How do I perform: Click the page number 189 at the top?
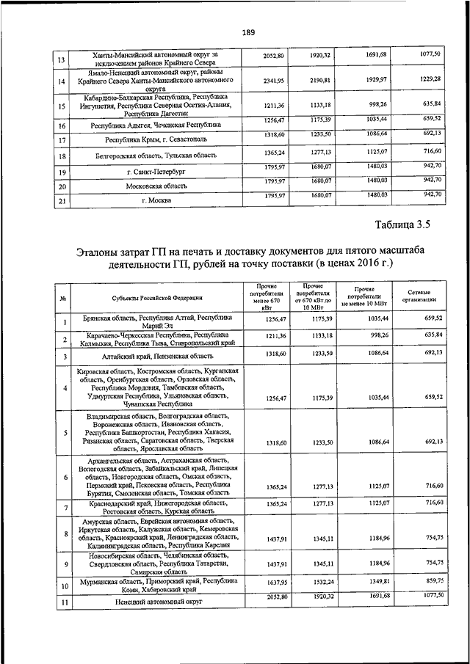(x=248, y=32)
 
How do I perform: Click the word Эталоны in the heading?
(x=104, y=252)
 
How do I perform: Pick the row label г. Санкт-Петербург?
(x=153, y=172)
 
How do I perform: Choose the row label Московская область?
(x=153, y=186)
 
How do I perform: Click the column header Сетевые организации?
(x=421, y=296)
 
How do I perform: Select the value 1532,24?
(x=320, y=581)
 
